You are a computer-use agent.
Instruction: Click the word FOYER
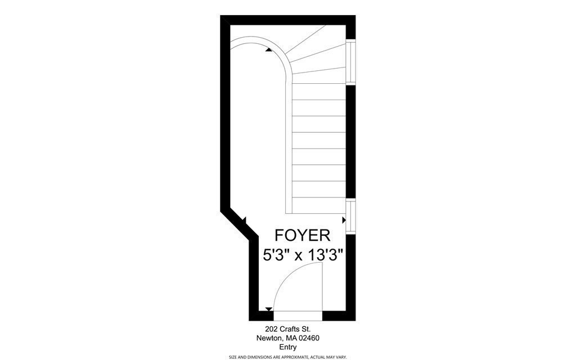(x=302, y=235)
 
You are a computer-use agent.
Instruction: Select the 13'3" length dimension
(x=324, y=255)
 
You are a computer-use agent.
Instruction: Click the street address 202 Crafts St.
(x=287, y=329)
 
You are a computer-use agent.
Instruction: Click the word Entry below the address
(x=288, y=347)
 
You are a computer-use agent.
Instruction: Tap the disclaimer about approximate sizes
(x=287, y=357)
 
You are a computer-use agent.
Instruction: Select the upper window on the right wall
(x=350, y=62)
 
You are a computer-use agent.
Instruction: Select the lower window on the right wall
(x=350, y=217)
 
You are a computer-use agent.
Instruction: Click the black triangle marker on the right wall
(x=344, y=219)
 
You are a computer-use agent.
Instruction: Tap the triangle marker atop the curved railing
(x=269, y=49)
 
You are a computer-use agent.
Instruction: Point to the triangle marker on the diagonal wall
(x=244, y=220)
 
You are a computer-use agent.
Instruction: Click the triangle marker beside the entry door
(x=269, y=309)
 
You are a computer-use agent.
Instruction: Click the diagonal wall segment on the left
(x=236, y=225)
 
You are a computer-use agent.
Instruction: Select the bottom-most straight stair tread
(x=318, y=205)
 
